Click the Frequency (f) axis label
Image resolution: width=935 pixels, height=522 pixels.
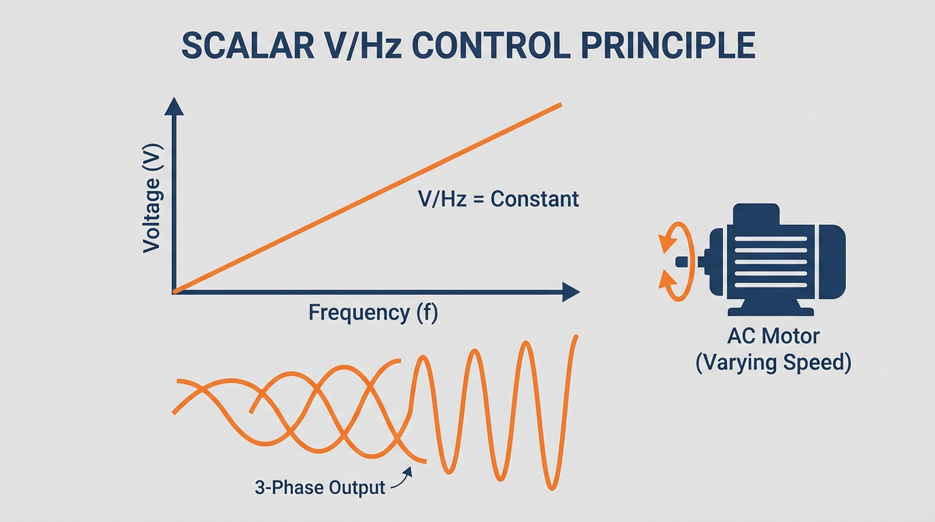coord(374,313)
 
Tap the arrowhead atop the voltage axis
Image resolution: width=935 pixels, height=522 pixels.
coord(175,106)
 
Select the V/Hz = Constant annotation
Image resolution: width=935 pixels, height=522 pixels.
coord(497,199)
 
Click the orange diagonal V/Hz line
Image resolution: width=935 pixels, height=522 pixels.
coord(367,198)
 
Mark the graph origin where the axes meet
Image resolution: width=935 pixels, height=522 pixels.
coord(175,292)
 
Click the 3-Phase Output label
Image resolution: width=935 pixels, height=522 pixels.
coord(319,487)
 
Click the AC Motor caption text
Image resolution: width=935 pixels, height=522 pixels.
coord(773,336)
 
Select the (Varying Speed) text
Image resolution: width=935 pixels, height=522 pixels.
coord(773,362)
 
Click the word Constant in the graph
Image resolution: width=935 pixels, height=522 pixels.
coord(535,199)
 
